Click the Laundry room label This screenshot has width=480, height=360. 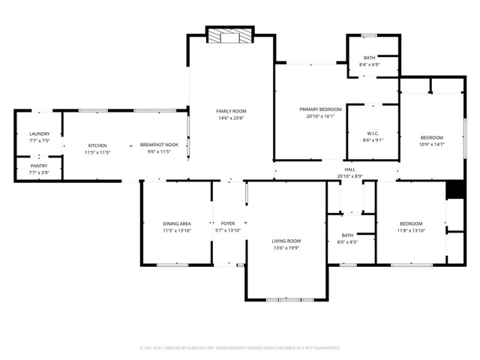(x=39, y=133)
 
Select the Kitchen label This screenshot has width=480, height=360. (x=97, y=145)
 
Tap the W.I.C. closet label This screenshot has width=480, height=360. (x=373, y=133)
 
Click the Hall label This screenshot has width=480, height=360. (x=349, y=169)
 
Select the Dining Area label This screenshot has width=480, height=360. (x=176, y=223)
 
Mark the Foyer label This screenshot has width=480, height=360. (x=228, y=223)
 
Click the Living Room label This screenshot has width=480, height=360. (x=286, y=241)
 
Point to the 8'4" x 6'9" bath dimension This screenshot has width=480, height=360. (x=370, y=65)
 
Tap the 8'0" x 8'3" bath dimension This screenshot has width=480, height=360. (x=347, y=241)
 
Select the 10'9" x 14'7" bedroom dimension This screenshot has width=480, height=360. (x=431, y=144)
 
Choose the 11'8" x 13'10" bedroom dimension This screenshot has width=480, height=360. (x=411, y=230)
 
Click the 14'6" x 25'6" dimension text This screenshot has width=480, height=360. (x=231, y=118)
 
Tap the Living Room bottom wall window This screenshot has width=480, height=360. (x=286, y=300)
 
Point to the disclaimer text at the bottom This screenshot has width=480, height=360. (x=240, y=348)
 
